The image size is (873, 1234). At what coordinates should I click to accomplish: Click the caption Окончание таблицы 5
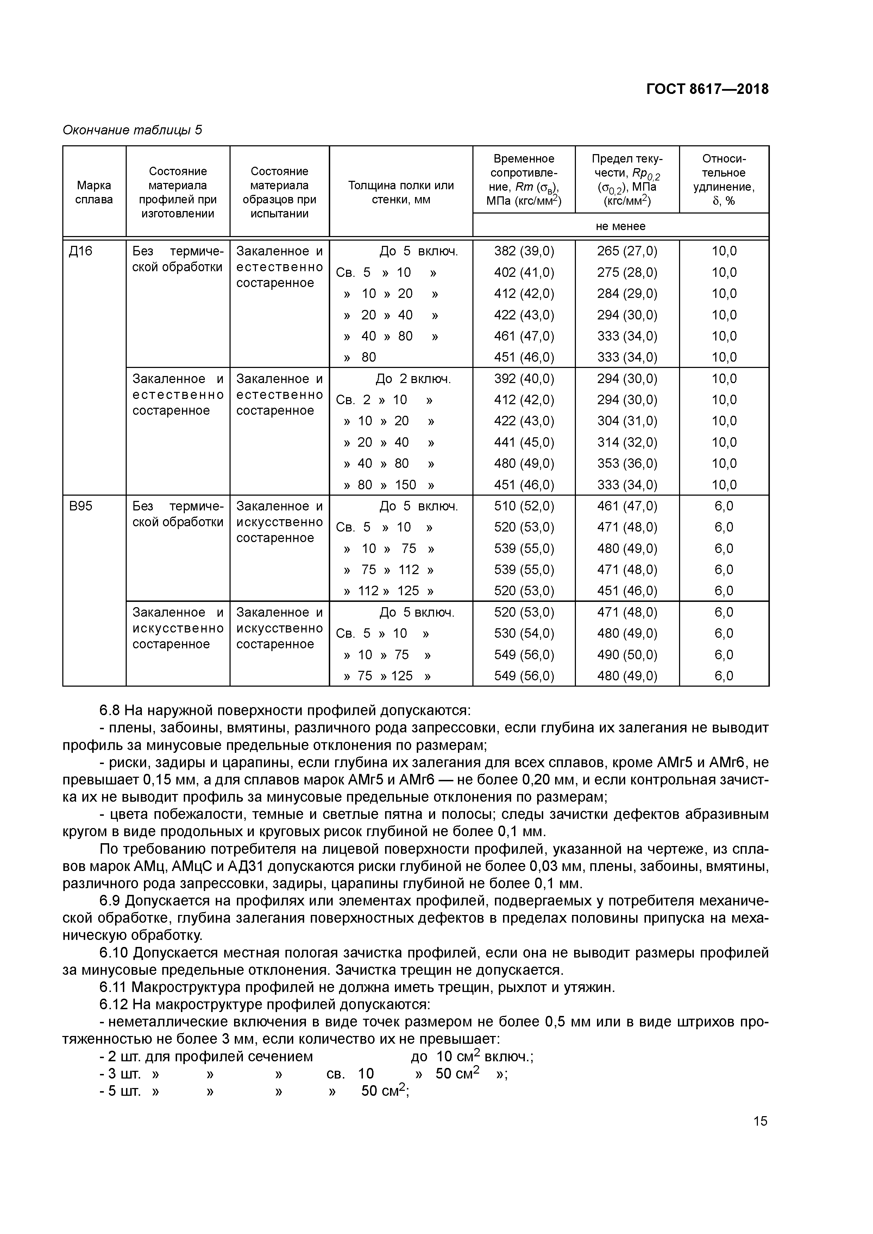click(132, 130)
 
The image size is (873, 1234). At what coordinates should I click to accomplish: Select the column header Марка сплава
click(94, 192)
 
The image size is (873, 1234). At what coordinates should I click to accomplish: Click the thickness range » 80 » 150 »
click(389, 485)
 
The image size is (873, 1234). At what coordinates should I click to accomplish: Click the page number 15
click(760, 1121)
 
